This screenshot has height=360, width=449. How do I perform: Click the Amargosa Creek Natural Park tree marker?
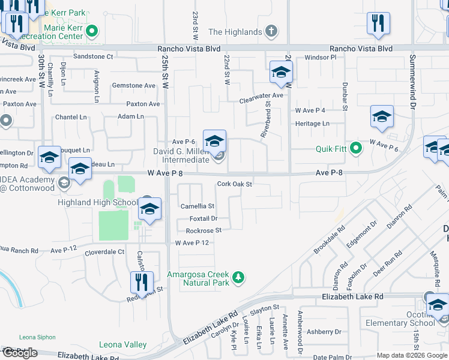[239, 277]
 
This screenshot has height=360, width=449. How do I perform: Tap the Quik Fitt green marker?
[356, 148]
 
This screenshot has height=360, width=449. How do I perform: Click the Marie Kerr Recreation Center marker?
[92, 31]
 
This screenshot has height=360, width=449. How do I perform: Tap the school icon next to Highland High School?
[149, 209]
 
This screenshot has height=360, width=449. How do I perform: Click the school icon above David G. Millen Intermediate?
[214, 142]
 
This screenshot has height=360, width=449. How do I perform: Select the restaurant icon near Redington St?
[142, 281]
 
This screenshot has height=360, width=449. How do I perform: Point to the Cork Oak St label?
[234, 184]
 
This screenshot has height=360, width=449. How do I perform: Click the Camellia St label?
[197, 206]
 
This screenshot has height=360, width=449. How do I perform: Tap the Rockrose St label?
[203, 230]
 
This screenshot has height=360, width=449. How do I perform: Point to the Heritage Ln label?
[312, 123]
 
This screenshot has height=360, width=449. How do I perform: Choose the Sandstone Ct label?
[93, 56]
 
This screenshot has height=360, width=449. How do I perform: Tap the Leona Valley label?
[122, 344]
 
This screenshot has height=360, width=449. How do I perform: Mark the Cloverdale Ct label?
[104, 252]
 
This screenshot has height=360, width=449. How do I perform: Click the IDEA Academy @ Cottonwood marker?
[64, 182]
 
